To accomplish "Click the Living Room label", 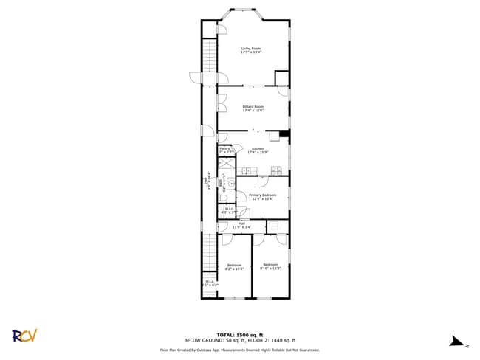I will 251,50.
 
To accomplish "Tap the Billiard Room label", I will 253,108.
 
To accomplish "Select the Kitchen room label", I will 257,150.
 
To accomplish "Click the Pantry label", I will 224,150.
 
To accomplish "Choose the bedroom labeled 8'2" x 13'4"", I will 234,266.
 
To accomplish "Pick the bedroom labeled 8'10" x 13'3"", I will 270,266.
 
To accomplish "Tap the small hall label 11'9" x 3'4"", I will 241,225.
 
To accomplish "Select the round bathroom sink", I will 231,180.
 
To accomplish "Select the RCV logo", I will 24,336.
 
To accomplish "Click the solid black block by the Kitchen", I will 284,135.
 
